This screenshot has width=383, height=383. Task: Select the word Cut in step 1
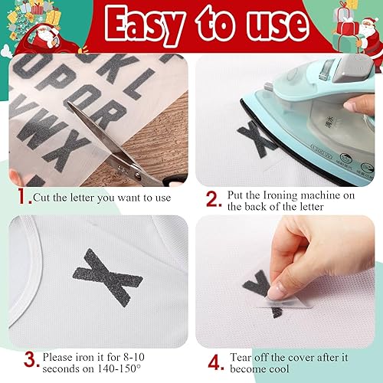click(42, 197)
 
